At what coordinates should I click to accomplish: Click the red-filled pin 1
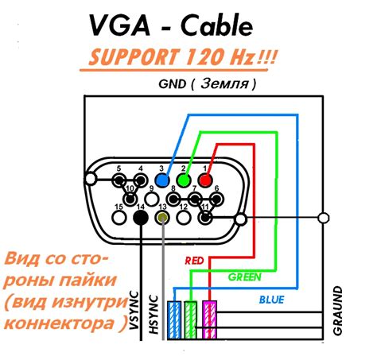[206, 179]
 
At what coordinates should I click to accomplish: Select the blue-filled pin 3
[163, 180]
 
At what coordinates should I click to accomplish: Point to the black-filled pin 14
[141, 215]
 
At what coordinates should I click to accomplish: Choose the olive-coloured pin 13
[163, 216]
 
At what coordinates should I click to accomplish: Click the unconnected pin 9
[152, 198]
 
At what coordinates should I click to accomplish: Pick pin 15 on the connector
[119, 215]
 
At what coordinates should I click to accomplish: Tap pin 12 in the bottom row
[184, 216]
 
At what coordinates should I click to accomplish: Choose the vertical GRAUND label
[338, 310]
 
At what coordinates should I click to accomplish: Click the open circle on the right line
[323, 217]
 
